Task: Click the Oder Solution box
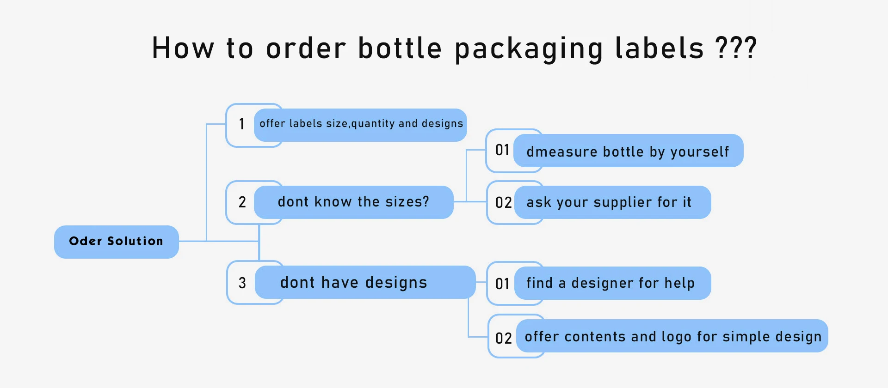(x=116, y=242)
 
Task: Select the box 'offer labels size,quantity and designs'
(x=361, y=124)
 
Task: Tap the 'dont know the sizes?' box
(x=353, y=202)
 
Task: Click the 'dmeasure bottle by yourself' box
(x=628, y=151)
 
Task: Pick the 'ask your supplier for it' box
(x=612, y=202)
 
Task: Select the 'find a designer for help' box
(x=611, y=283)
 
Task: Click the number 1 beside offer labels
(x=241, y=124)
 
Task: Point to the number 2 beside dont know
(x=242, y=202)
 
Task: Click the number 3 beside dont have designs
(x=242, y=283)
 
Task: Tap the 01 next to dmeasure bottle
(x=502, y=150)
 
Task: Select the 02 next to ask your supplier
(x=503, y=202)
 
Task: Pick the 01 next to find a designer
(x=502, y=284)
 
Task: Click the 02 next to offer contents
(x=503, y=338)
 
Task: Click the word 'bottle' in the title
(x=400, y=48)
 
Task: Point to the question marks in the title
(x=736, y=48)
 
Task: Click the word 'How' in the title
(x=183, y=48)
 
